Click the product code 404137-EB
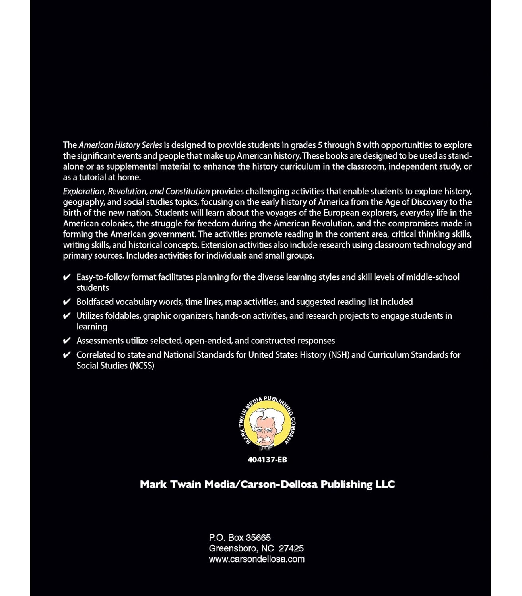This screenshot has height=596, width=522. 267,460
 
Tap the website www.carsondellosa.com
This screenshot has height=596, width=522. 256,559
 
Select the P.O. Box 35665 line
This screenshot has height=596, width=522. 240,538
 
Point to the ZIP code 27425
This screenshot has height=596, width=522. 291,548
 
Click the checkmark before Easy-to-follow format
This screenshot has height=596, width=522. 67,277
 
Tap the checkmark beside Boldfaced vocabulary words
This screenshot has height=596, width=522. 67,302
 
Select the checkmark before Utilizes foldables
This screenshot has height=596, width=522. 67,316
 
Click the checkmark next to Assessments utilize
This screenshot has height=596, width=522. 67,341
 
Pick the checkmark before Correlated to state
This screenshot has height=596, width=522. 67,355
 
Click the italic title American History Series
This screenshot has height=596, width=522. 120,145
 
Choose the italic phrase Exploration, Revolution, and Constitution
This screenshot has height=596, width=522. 136,191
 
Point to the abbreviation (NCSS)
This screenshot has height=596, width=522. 142,366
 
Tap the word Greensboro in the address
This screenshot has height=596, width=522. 233,548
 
